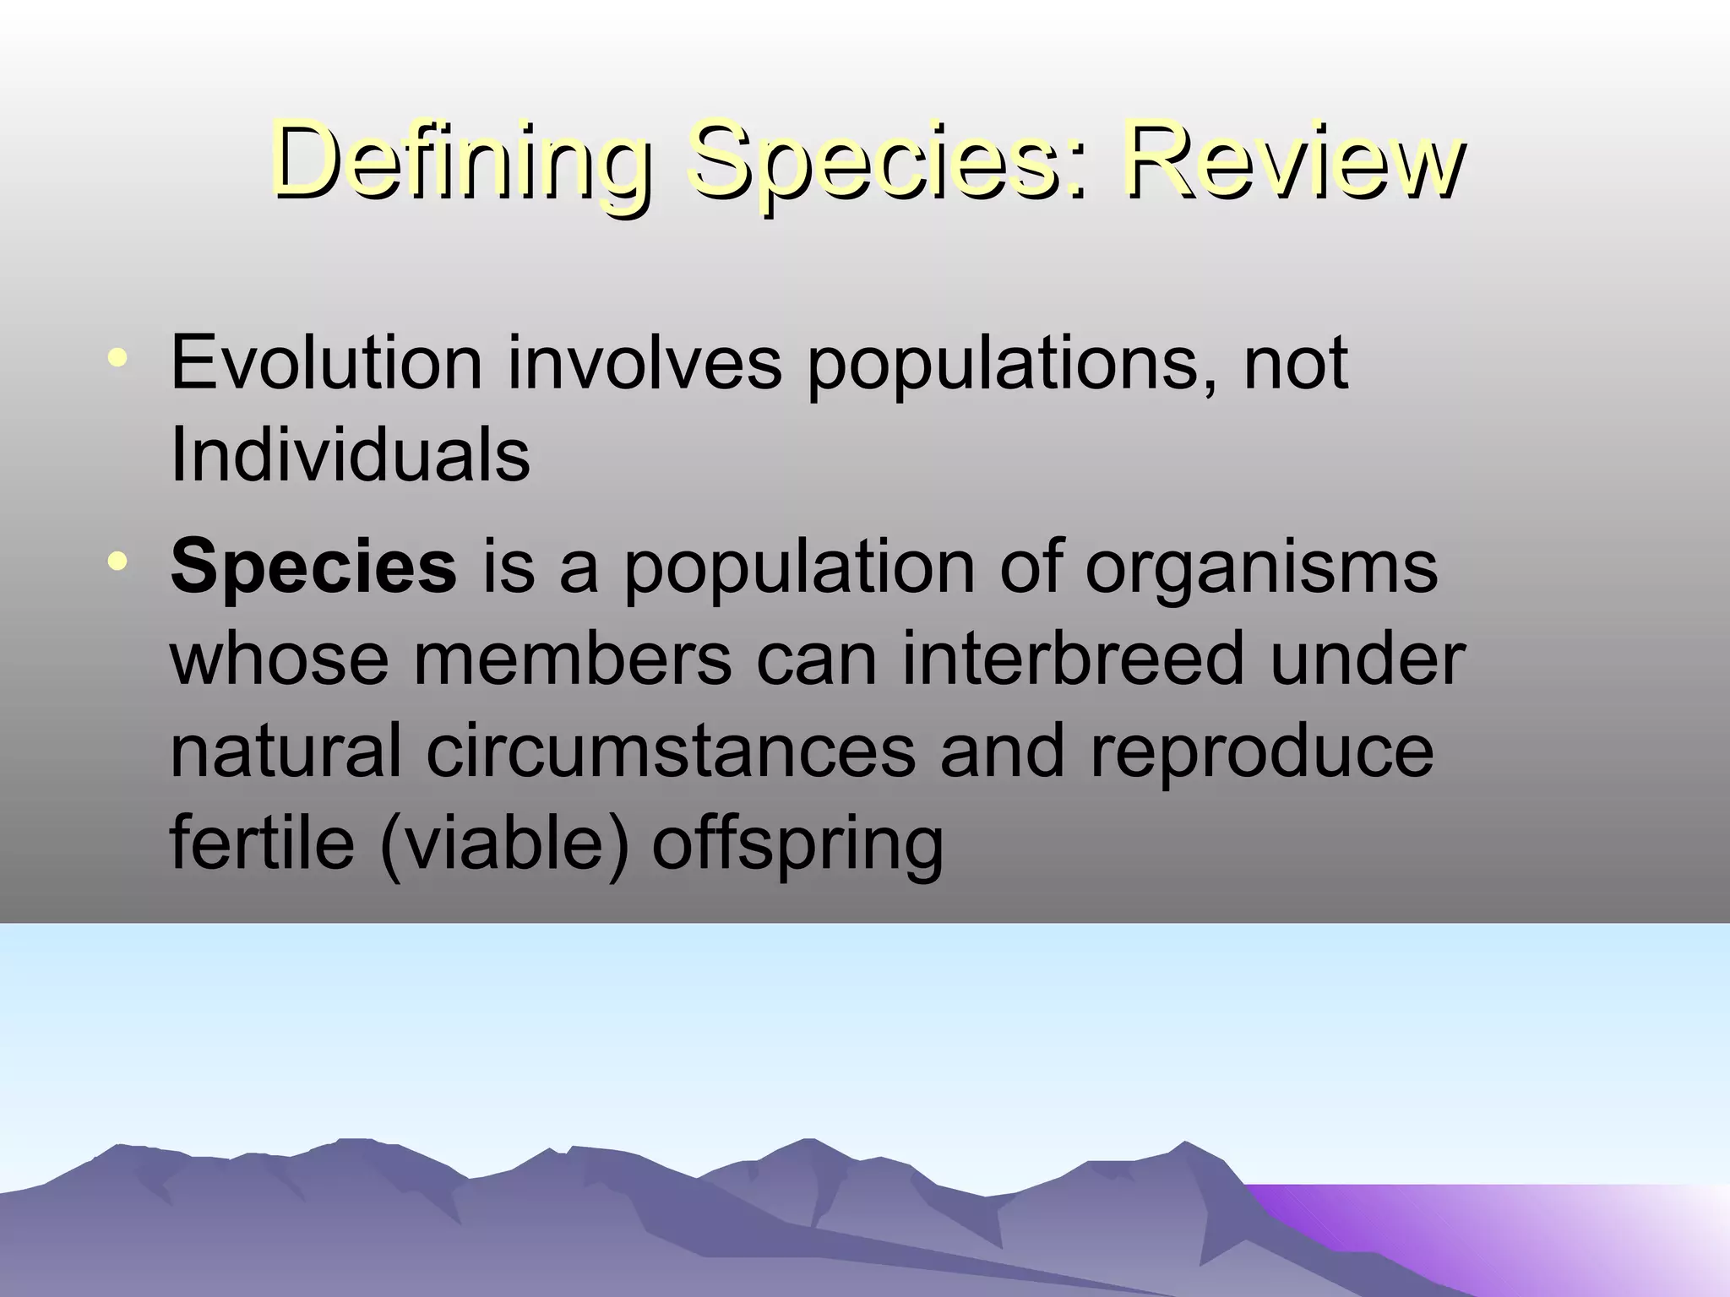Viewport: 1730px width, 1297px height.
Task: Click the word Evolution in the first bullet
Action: (x=326, y=363)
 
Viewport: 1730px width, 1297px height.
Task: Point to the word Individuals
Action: (x=350, y=456)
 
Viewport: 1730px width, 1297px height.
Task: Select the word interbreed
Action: (x=1073, y=659)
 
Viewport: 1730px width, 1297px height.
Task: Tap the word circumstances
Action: (x=671, y=751)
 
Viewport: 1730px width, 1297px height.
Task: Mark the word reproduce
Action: (x=1262, y=751)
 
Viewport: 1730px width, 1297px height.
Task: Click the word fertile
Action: (x=263, y=844)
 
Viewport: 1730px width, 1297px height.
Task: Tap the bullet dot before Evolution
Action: (x=117, y=358)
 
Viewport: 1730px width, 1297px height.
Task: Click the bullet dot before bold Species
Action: (x=117, y=561)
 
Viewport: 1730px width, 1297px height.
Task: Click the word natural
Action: (x=286, y=751)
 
